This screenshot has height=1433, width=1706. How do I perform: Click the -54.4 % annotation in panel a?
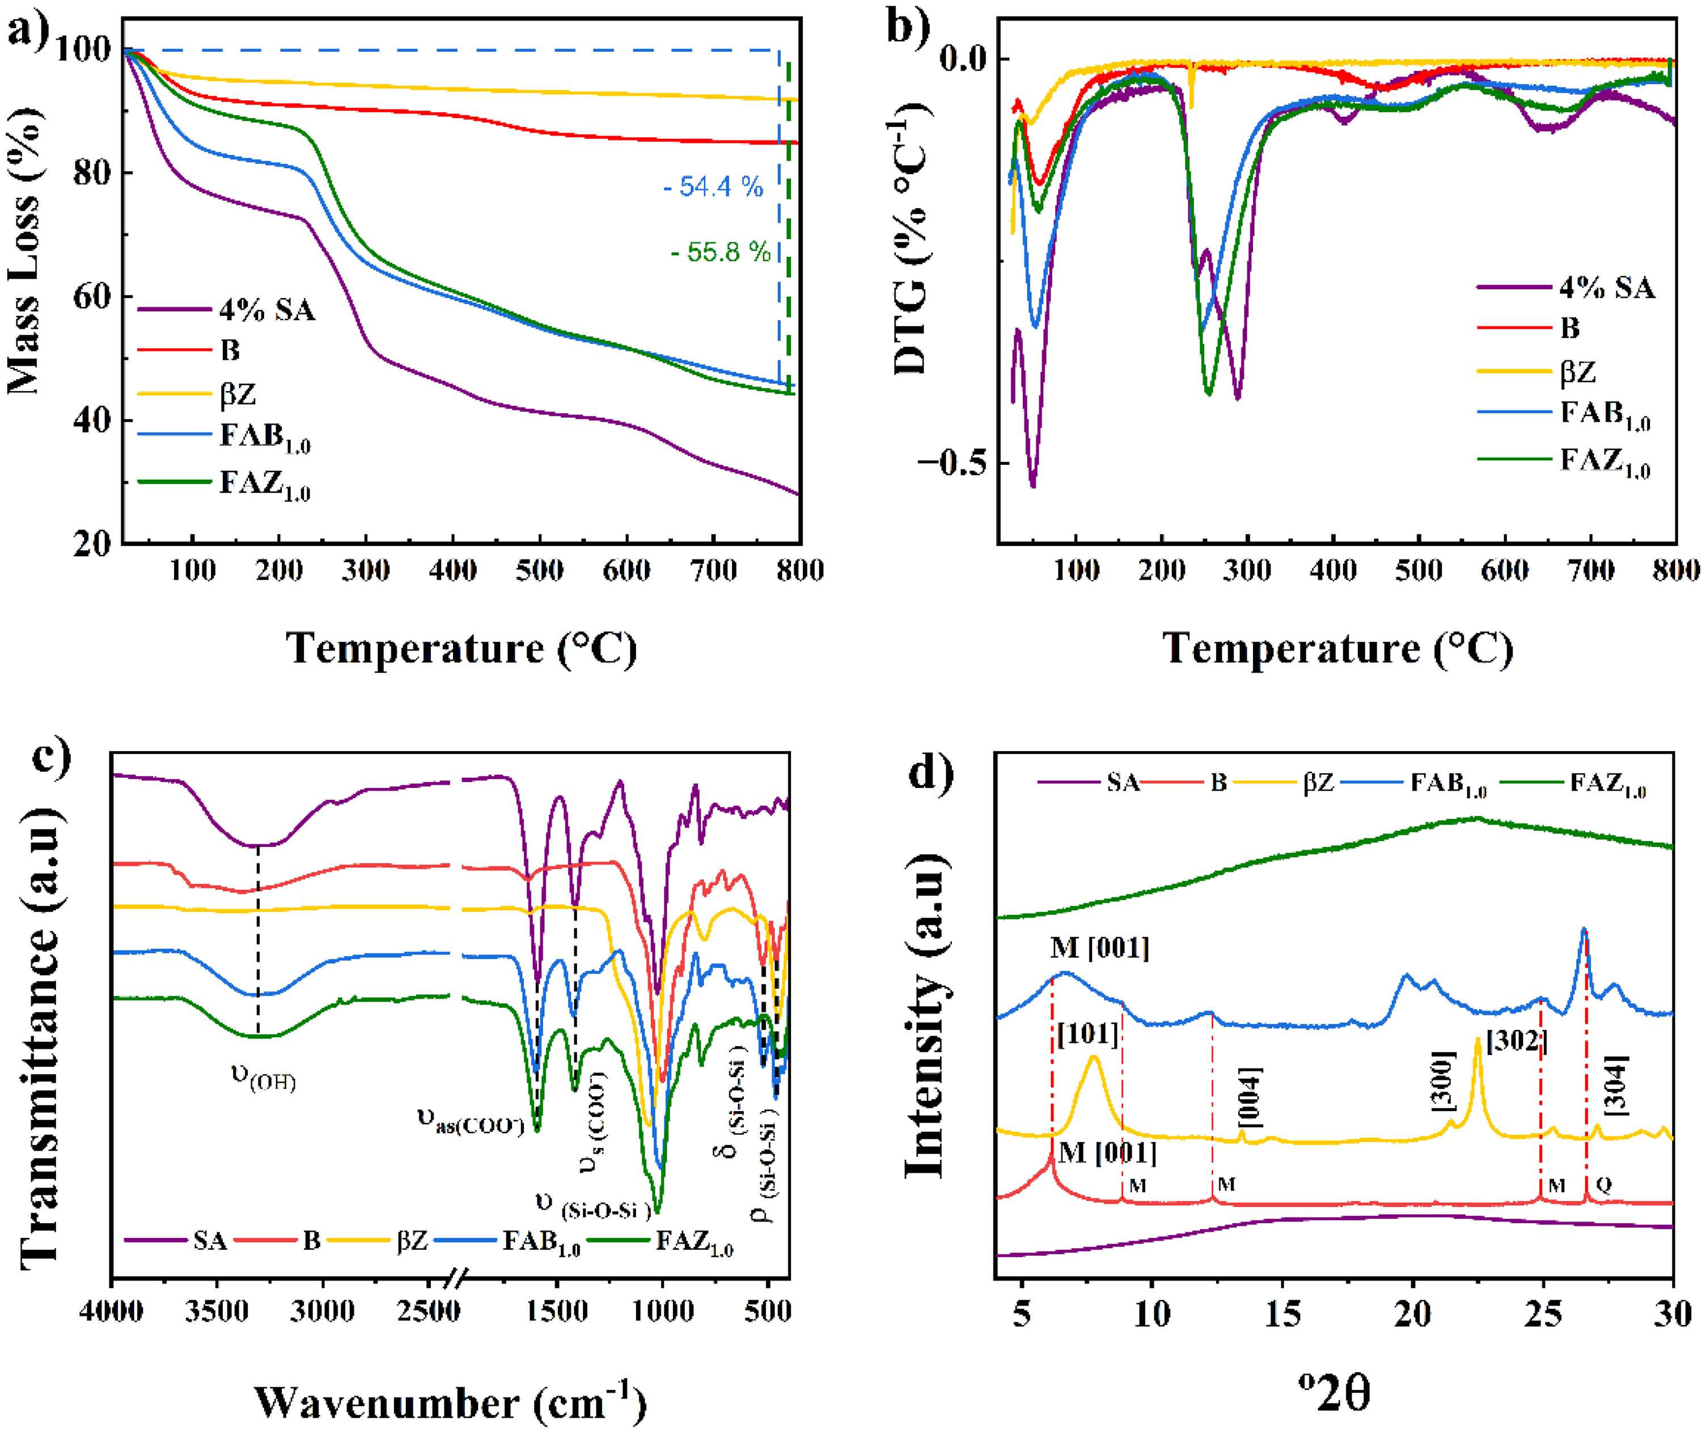(713, 188)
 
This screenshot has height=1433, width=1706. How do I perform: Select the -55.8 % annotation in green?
(721, 253)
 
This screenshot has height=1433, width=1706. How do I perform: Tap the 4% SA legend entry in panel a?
(266, 310)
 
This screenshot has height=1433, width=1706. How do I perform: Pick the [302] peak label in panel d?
(1516, 1041)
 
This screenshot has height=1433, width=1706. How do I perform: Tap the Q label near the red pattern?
(1603, 1185)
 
